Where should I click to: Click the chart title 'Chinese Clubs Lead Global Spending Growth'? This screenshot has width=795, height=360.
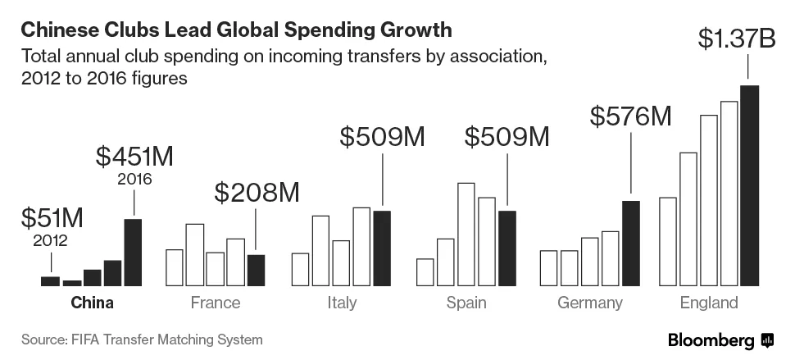coord(236,30)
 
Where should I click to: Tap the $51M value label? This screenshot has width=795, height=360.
coord(51,218)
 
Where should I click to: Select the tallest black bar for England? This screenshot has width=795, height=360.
coord(749,185)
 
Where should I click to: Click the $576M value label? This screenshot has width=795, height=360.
coord(630,117)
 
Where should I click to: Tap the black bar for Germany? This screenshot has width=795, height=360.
coord(630,243)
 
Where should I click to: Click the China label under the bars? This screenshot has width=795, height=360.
coord(92,303)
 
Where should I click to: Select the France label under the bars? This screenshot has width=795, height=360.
coord(216,303)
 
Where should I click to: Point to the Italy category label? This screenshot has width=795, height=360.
coord(341,303)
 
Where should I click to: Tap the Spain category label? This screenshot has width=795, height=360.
coord(466,303)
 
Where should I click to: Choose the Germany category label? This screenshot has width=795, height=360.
coord(590,303)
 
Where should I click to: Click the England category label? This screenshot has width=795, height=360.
coord(709,303)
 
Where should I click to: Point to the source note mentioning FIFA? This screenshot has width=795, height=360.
coord(142,339)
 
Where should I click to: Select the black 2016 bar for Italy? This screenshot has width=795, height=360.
coord(382,248)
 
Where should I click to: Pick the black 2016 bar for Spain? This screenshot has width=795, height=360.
coord(507,248)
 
